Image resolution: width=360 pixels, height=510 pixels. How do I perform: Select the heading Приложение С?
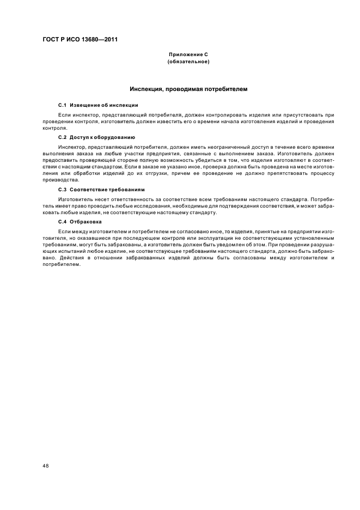(x=188, y=56)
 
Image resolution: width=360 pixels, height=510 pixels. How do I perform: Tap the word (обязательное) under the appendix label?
(x=188, y=62)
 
